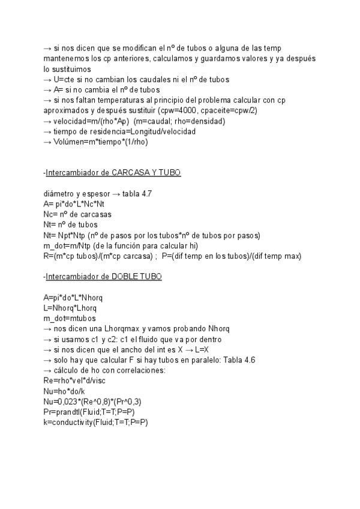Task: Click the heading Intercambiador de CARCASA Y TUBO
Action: [x=113, y=172]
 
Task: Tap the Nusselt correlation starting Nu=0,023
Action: [x=92, y=402]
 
